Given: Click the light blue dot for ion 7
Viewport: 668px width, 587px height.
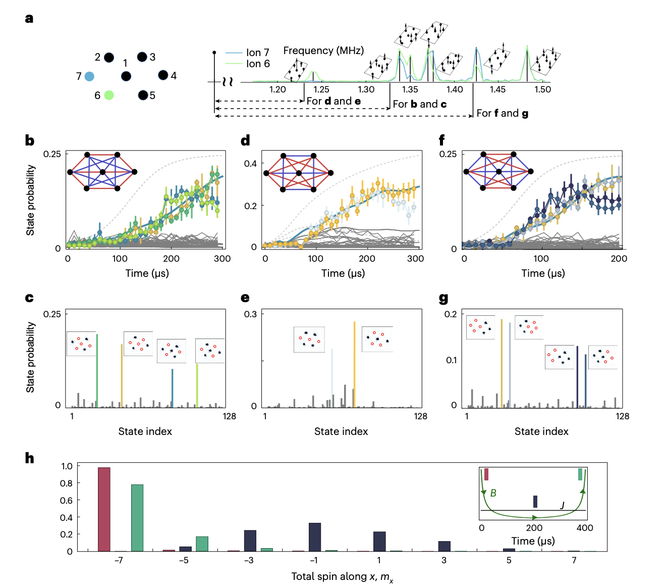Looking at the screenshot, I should click(x=89, y=76).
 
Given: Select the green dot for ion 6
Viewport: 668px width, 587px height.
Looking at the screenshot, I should click(x=109, y=95).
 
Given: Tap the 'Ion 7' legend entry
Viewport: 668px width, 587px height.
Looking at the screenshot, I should click(x=257, y=53).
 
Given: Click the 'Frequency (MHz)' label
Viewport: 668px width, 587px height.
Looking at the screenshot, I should click(x=323, y=51).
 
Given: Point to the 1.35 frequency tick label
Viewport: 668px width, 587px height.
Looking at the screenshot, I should click(x=410, y=89).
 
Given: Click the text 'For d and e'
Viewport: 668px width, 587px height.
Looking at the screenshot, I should click(x=333, y=101).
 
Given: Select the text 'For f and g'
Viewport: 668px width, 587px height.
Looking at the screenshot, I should click(x=503, y=113).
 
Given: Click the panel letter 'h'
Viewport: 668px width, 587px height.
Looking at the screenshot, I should click(x=30, y=458).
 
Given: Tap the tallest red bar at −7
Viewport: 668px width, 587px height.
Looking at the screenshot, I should click(x=104, y=509).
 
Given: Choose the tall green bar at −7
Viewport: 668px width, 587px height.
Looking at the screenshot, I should click(x=137, y=518).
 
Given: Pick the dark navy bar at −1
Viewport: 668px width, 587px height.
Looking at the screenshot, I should click(x=315, y=537).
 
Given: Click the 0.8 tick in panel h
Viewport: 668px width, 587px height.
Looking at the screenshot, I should click(x=66, y=483).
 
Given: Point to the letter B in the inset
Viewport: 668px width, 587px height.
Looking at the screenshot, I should click(x=493, y=493).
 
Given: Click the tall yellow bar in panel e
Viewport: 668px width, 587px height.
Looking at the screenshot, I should click(x=354, y=364).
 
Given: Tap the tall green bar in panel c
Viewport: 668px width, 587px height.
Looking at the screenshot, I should click(x=97, y=370).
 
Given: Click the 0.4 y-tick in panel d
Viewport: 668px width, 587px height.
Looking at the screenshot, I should click(x=250, y=164).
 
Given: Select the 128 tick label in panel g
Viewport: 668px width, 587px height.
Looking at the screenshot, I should click(x=622, y=416).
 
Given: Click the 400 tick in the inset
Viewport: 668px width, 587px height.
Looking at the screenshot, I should click(x=585, y=528).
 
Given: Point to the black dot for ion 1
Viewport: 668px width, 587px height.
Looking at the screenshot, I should click(x=126, y=76).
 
